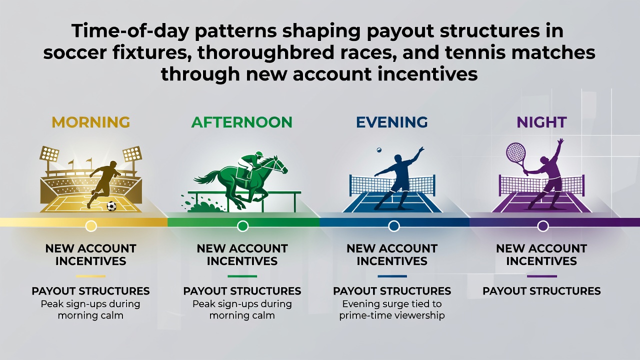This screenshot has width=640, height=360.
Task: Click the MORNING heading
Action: pyautogui.click(x=91, y=122)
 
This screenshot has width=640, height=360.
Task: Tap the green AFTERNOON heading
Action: pyautogui.click(x=241, y=122)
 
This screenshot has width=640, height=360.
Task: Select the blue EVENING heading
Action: pyautogui.click(x=392, y=122)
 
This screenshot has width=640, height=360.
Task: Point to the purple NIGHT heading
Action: pyautogui.click(x=541, y=122)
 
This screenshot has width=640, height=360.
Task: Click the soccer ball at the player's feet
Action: pyautogui.click(x=111, y=206)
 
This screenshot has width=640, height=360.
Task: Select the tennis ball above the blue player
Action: pyautogui.click(x=379, y=149)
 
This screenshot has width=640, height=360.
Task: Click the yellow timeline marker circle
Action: pyautogui.click(x=91, y=226)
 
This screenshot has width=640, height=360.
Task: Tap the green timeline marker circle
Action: pyautogui.click(x=242, y=226)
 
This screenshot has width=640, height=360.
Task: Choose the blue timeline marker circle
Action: pyautogui.click(x=393, y=226)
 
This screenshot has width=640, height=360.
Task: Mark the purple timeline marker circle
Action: pyautogui.click(x=543, y=226)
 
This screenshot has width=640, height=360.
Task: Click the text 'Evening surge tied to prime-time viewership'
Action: pyautogui.click(x=392, y=309)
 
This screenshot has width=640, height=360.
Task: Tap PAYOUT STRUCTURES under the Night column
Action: pyautogui.click(x=541, y=291)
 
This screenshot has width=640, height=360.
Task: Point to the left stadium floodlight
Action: pyautogui.click(x=49, y=154)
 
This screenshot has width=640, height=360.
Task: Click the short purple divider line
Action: pyautogui.click(x=542, y=276)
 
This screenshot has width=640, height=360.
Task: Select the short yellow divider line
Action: pyautogui.click(x=90, y=276)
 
